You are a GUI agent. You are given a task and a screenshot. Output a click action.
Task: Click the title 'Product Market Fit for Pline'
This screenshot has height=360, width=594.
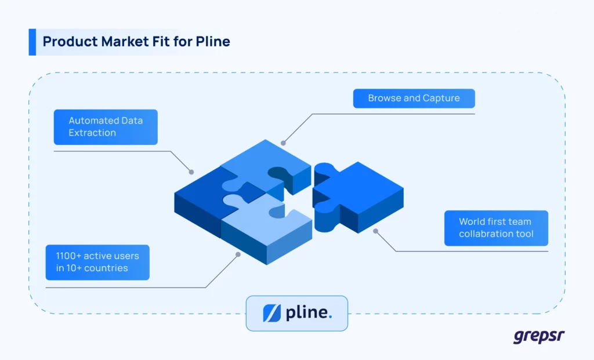tap(136, 42)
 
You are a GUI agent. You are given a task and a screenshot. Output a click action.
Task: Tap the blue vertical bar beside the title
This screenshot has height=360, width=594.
tap(32, 42)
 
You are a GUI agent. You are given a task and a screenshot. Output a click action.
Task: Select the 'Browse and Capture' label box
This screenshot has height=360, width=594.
tap(414, 98)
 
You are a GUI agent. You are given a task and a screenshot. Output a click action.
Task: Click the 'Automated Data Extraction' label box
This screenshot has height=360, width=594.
tap(106, 127)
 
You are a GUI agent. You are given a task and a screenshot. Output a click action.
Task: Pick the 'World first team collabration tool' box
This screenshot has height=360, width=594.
tap(496, 228)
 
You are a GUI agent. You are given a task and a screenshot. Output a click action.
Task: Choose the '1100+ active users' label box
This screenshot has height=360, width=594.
tap(97, 262)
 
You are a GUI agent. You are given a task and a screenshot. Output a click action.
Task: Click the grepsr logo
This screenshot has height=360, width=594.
tap(539, 336)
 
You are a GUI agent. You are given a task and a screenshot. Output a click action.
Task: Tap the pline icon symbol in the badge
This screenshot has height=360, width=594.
tap(271, 313)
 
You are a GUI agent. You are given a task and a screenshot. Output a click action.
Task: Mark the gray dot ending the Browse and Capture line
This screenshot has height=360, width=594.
tap(283, 143)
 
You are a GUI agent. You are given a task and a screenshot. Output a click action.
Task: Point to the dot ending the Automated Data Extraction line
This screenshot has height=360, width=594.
tap(191, 172)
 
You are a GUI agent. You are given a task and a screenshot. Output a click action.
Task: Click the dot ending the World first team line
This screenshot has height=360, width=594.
tap(375, 231)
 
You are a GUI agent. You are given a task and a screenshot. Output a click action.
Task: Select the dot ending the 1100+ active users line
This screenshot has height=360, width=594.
tap(237, 254)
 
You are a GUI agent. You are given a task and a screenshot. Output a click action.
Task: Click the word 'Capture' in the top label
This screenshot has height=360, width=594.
tap(441, 98)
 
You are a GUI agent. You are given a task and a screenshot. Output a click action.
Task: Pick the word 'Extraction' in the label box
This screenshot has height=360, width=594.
tap(92, 133)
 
